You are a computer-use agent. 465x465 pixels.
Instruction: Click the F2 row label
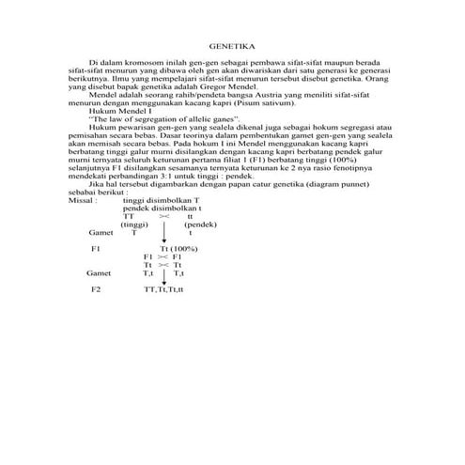click(96, 289)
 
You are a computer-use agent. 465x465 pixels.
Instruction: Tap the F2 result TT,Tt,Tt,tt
click(164, 289)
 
